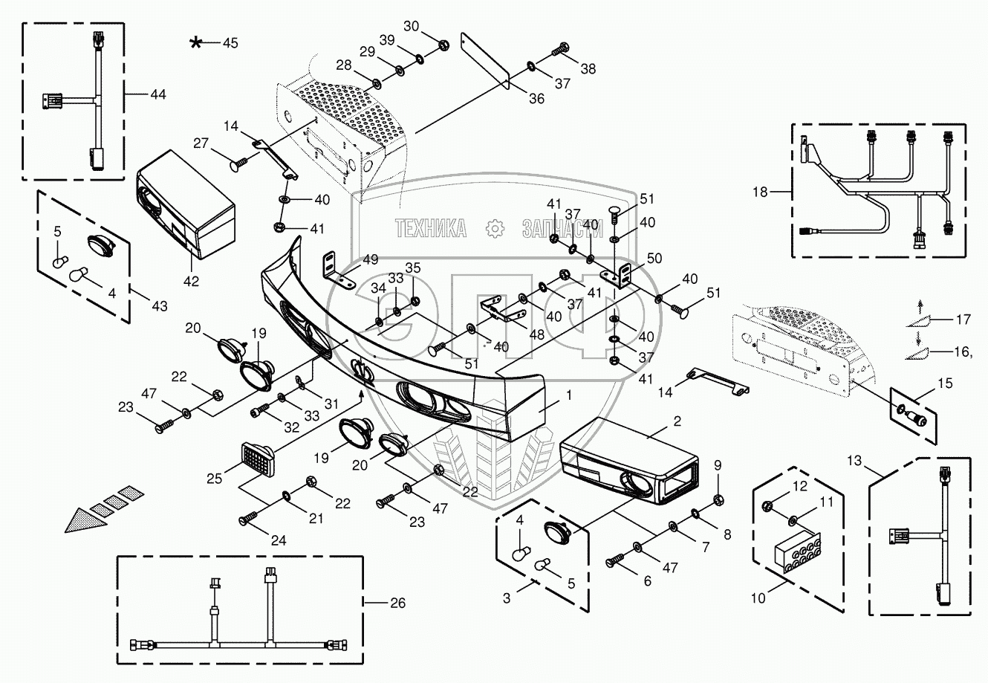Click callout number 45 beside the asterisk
pos(230,43)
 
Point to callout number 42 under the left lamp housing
pos(191,281)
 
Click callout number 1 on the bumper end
pos(569,396)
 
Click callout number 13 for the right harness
pos(854,462)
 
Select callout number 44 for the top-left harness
pos(157,94)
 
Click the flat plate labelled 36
pos(484,60)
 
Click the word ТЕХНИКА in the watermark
pos(431,228)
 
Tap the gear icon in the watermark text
pos(493,229)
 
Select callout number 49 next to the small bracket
pos(371,259)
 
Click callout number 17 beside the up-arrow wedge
pos(963,320)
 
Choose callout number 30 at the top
pos(411,25)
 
